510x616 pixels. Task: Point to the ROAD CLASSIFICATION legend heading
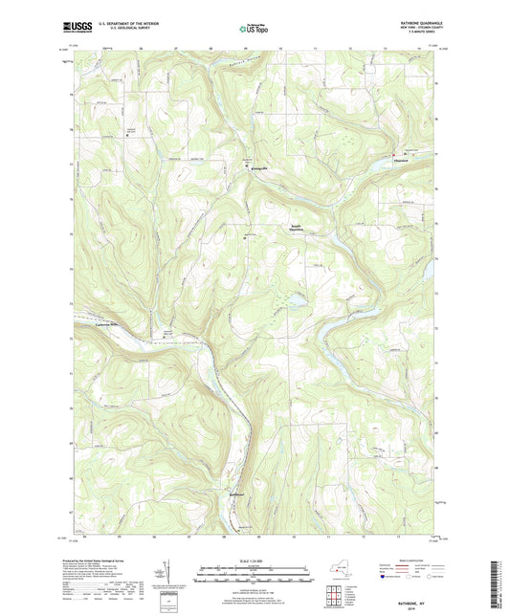[x=405, y=559]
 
